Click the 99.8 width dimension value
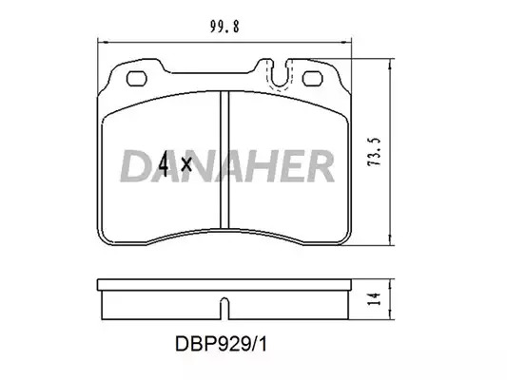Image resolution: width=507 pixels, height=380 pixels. (x=224, y=27)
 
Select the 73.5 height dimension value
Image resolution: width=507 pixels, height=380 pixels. (x=374, y=152)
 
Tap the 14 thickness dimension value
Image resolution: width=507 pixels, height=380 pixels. (x=374, y=299)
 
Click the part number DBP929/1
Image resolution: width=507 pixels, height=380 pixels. (x=222, y=344)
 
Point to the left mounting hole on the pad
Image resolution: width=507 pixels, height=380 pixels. (x=137, y=79)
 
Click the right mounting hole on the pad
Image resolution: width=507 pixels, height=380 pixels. (x=312, y=79)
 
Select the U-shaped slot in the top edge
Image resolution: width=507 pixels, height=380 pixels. (x=280, y=74)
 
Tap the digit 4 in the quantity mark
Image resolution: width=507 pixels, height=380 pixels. (x=164, y=164)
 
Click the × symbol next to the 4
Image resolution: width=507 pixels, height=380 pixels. (x=186, y=164)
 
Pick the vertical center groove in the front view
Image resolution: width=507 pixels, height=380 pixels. (x=224, y=160)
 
